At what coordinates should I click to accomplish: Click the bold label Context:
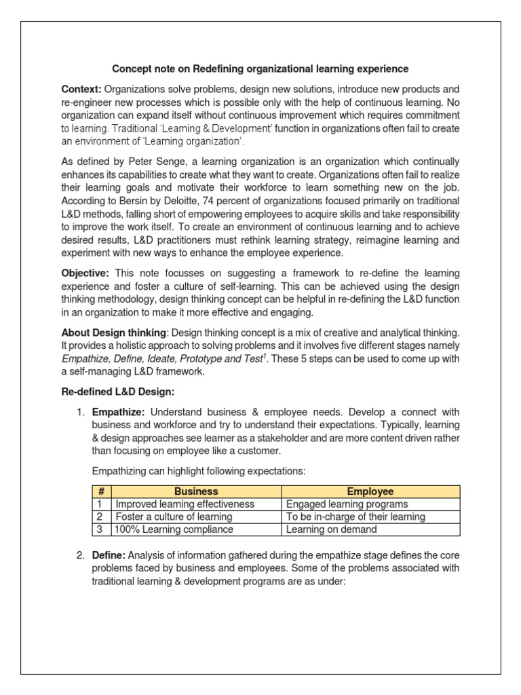[81, 89]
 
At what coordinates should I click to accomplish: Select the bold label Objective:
[85, 273]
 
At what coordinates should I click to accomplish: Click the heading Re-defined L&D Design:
[118, 392]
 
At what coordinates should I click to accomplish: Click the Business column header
[196, 491]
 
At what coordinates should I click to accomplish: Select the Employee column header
[370, 491]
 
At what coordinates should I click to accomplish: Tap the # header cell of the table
[101, 491]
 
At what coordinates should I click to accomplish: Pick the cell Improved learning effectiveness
[185, 504]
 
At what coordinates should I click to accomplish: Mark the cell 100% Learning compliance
[174, 529]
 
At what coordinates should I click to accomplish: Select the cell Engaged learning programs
[347, 504]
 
